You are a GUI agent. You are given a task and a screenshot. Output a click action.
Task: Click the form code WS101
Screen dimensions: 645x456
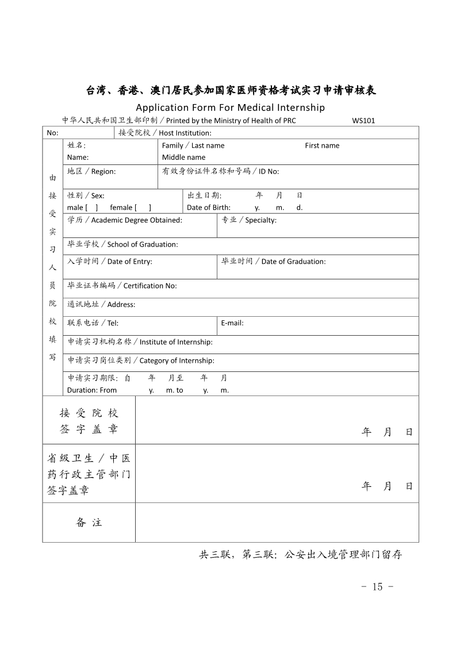click(363, 121)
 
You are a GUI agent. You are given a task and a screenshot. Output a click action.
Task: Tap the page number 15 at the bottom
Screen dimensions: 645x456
click(377, 586)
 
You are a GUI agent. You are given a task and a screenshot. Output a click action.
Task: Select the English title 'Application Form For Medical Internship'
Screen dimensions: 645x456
click(230, 107)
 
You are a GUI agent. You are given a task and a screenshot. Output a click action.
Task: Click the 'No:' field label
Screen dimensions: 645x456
click(52, 133)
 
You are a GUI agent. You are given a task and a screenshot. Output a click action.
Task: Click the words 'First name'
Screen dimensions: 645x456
click(322, 145)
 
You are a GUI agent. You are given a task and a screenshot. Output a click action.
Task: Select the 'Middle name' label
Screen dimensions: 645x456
click(183, 158)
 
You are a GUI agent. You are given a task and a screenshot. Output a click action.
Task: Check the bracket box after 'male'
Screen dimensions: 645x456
click(91, 208)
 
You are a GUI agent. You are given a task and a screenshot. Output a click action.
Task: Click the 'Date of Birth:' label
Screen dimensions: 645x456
click(209, 208)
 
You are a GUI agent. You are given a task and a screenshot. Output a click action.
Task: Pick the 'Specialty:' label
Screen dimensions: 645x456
click(260, 220)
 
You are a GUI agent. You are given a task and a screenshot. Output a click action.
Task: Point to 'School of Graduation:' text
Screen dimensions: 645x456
click(143, 244)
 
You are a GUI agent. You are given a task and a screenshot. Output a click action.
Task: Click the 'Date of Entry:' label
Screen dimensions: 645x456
click(130, 262)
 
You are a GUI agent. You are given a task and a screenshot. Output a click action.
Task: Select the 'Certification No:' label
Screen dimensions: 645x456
click(150, 286)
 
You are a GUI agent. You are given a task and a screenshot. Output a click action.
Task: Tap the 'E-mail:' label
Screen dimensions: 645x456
click(232, 323)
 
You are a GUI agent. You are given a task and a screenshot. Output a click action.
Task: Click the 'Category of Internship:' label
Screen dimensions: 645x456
click(177, 360)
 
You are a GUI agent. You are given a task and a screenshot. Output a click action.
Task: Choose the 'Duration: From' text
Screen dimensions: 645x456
click(92, 390)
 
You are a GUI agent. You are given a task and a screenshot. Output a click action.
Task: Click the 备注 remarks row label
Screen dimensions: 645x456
click(89, 523)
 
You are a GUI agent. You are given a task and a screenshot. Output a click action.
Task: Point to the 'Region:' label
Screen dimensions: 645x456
click(104, 171)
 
